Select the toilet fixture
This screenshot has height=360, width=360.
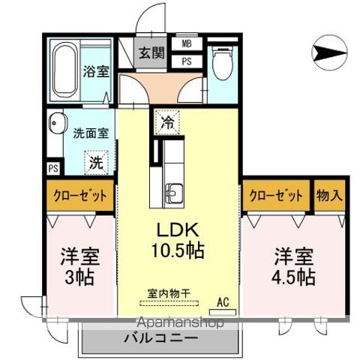(221, 63)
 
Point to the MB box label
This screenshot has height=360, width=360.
(186, 43)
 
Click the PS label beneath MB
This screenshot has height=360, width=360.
(186, 61)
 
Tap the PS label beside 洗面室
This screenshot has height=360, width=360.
(53, 167)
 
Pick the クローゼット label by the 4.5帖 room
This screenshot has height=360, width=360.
(275, 196)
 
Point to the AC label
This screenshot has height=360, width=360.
(222, 302)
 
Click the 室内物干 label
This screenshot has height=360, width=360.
(168, 295)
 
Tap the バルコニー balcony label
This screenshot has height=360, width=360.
(160, 338)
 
